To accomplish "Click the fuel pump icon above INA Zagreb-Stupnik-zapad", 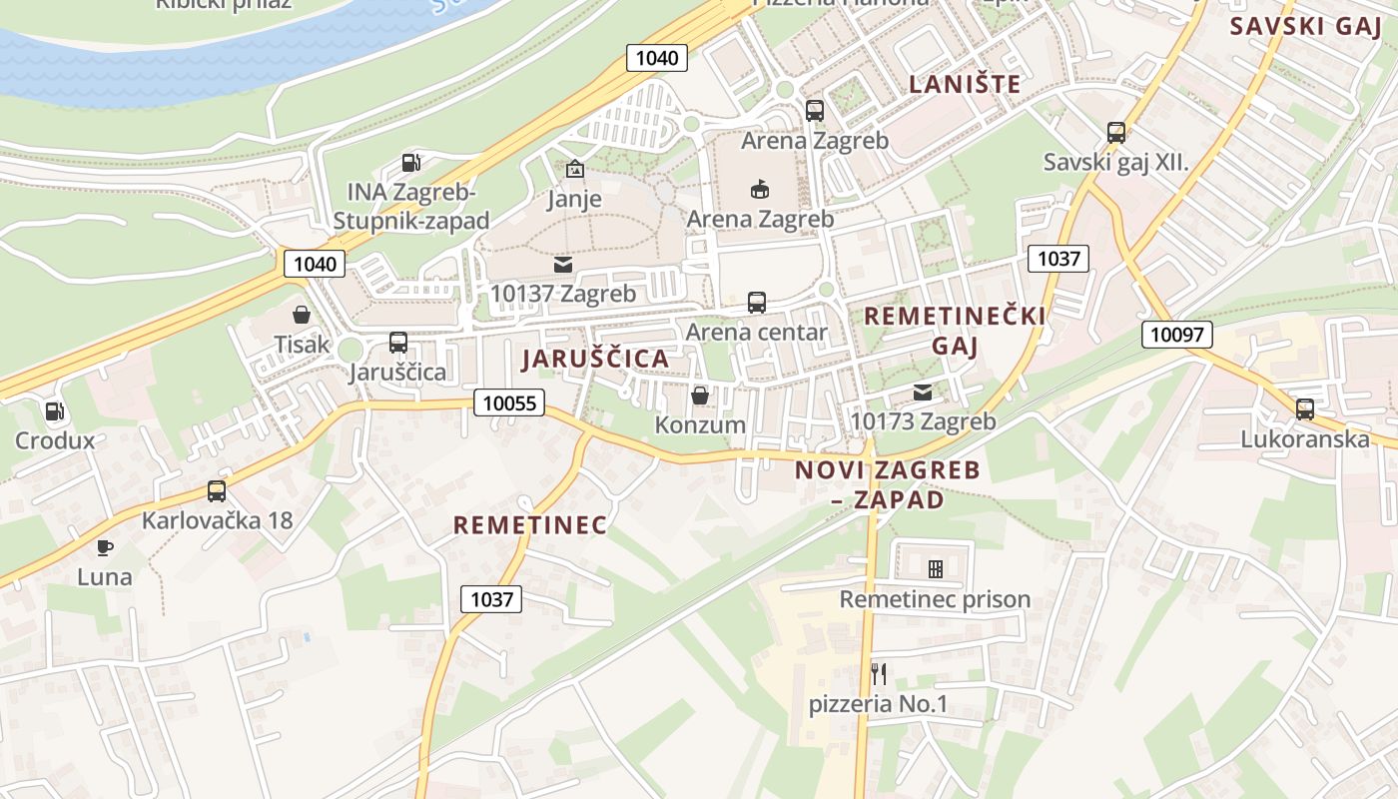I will [x=410, y=162].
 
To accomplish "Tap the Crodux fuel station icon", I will [x=55, y=410].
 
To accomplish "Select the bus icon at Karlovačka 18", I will [x=216, y=490].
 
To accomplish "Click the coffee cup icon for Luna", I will [x=104, y=546].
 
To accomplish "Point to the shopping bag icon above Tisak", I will [x=302, y=315].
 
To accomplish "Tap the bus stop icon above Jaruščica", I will [x=397, y=343].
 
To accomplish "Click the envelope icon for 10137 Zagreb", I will [x=562, y=265].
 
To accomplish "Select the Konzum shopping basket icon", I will [x=700, y=396].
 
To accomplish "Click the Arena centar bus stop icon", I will [x=756, y=302].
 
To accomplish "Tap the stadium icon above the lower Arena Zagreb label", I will [x=760, y=189].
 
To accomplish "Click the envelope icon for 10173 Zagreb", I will [x=922, y=393].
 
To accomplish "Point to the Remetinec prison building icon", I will [x=935, y=569].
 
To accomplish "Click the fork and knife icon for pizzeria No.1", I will [x=878, y=674].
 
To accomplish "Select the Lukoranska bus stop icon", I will [x=1304, y=408].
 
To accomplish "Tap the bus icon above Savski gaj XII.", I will [x=1116, y=132].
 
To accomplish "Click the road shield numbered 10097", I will [x=1176, y=335].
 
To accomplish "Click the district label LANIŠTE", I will [x=965, y=84].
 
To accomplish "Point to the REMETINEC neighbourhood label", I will [x=529, y=525].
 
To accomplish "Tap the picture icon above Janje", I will [x=574, y=169].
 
